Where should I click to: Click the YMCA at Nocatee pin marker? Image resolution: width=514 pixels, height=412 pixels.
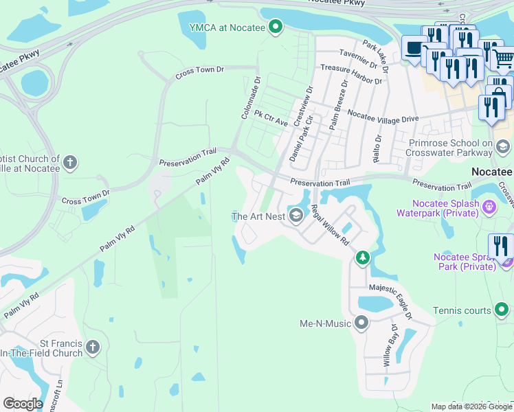tap(276, 27)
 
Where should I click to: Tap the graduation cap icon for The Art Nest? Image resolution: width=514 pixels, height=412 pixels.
tap(296, 216)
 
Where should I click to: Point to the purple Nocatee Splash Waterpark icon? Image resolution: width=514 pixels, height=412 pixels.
tap(489, 205)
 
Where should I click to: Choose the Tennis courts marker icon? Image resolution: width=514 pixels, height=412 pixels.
tap(502, 310)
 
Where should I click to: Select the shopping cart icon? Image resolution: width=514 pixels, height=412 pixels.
tap(504, 57)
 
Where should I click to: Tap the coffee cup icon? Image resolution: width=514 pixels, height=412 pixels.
tap(414, 47)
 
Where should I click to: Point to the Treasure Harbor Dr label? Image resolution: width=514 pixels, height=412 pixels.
tap(351, 74)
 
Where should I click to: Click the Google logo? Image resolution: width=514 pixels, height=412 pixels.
tap(22, 404)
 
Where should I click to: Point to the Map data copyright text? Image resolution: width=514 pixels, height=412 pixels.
tap(471, 407)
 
